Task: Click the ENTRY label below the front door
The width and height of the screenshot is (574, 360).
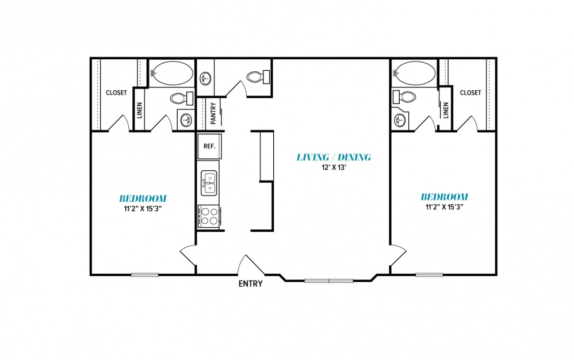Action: coord(250,284)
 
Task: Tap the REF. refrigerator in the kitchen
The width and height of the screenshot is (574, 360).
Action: coord(209,146)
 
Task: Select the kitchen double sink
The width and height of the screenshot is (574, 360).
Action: coord(209,183)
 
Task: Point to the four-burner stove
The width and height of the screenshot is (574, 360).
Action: coord(209,216)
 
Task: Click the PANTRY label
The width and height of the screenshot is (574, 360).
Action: coord(213,113)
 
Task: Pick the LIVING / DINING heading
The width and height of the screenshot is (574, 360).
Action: coord(334,158)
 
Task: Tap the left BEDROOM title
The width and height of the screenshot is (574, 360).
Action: coord(143,198)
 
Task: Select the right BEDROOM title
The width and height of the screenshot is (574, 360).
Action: coord(444,197)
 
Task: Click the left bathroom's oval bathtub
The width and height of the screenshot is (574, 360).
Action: coord(172,73)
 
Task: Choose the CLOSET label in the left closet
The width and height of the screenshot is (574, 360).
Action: coord(116,93)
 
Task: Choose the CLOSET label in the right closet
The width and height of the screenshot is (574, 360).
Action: coord(470,93)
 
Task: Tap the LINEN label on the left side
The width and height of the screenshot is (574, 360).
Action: coord(139,110)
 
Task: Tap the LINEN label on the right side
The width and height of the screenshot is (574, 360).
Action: coord(446,110)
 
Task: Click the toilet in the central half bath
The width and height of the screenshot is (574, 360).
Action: coord(258,77)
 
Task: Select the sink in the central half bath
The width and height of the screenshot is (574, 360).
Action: coord(205,78)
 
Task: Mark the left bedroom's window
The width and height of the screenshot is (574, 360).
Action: coord(144,275)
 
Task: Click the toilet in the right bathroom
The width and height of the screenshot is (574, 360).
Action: coord(404,97)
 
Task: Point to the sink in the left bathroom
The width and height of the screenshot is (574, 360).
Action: coord(186,119)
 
